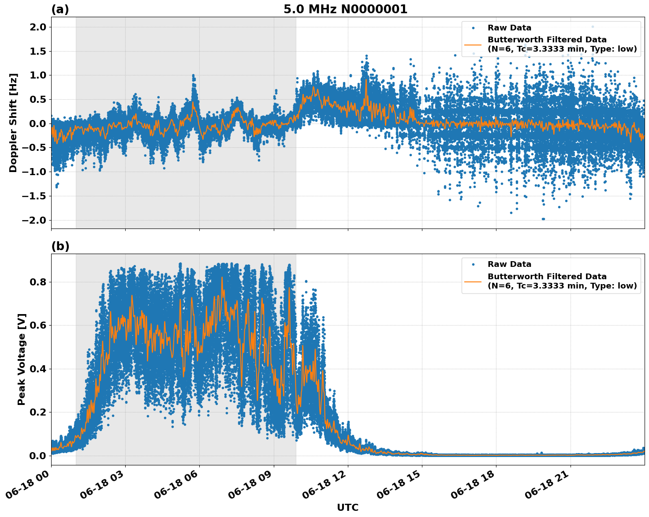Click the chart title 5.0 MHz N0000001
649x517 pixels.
click(x=345, y=9)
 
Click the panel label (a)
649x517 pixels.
click(x=60, y=9)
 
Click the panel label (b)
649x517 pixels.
click(x=60, y=246)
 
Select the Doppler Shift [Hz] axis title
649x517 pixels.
click(x=13, y=123)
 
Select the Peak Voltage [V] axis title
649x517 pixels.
click(x=22, y=359)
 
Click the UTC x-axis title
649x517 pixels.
click(x=347, y=507)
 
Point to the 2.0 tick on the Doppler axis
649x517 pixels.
click(x=37, y=27)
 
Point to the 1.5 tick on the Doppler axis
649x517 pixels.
click(x=37, y=51)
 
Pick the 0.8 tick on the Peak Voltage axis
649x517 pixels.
click(x=37, y=282)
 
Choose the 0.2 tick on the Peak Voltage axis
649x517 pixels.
click(x=37, y=412)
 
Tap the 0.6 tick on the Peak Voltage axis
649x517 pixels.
click(x=37, y=325)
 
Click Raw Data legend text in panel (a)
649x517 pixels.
click(x=509, y=28)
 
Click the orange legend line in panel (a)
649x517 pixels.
click(x=473, y=45)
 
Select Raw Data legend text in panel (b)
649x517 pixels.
click(x=509, y=264)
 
